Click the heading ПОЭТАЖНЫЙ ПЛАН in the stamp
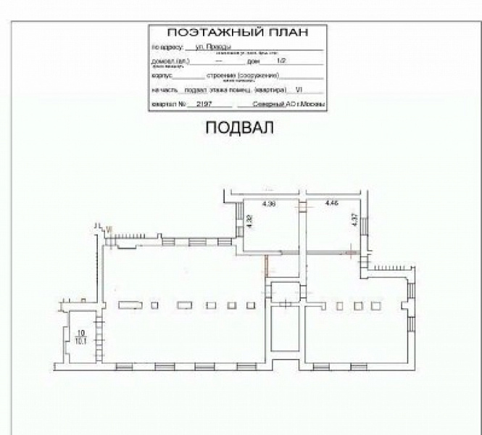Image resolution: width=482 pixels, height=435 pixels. (x=238, y=33)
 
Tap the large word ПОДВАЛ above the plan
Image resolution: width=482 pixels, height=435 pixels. (x=241, y=128)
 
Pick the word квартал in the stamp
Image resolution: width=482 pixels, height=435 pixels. (x=164, y=105)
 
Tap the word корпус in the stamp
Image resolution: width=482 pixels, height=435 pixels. (x=162, y=75)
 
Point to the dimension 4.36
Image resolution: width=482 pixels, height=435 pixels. (x=268, y=204)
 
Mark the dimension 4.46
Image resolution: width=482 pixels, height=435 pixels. (x=332, y=204)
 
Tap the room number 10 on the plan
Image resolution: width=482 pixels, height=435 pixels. (x=80, y=333)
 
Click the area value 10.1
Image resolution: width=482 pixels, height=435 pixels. (x=81, y=339)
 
